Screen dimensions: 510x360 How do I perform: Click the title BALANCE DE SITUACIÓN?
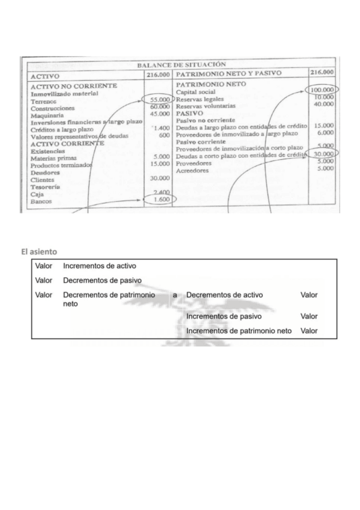[x=181, y=64]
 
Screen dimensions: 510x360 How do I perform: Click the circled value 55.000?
[x=158, y=99]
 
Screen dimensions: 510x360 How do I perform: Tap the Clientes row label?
[x=41, y=180]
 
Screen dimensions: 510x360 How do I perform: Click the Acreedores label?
[x=194, y=171]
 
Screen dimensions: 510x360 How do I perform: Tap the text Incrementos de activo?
[x=100, y=265]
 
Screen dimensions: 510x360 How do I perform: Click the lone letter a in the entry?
[x=175, y=295]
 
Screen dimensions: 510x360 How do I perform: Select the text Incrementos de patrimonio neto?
[x=239, y=331]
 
